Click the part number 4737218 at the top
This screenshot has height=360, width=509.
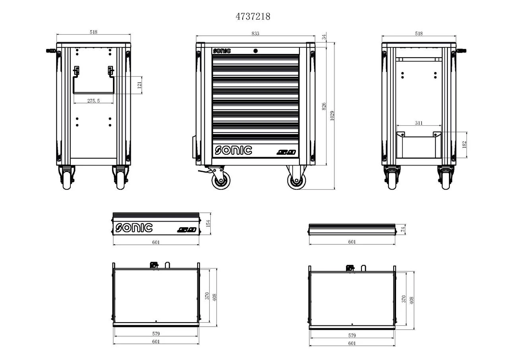click(x=253, y=16)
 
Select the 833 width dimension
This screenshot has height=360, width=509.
click(x=255, y=34)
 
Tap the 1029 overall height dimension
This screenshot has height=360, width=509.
click(x=332, y=115)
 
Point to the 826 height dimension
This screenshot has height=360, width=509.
click(x=324, y=106)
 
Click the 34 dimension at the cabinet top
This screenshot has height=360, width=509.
click(x=324, y=37)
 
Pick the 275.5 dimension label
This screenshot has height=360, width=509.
click(x=93, y=101)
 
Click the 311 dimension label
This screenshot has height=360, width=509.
click(x=419, y=123)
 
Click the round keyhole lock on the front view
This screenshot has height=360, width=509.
click(x=255, y=51)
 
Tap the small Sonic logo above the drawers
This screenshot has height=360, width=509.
click(x=221, y=51)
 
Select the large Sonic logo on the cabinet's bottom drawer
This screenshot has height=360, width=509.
click(x=233, y=150)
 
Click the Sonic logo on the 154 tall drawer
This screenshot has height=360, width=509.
click(x=134, y=228)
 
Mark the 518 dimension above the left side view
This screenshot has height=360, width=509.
click(x=93, y=32)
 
